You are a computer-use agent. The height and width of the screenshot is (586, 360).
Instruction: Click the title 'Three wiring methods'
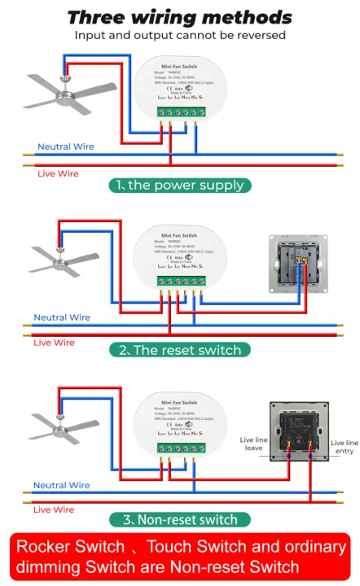(x=179, y=16)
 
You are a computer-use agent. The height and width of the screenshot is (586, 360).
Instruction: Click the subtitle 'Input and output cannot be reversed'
(x=179, y=35)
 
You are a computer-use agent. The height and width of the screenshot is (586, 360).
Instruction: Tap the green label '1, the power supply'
(x=179, y=185)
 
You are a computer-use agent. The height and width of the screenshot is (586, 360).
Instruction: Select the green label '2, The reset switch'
(x=179, y=350)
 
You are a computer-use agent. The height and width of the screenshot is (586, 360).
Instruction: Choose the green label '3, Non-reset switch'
(x=179, y=519)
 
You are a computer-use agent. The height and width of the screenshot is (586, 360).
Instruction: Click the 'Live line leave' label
(x=253, y=444)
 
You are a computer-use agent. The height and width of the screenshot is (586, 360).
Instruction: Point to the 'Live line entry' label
(x=343, y=446)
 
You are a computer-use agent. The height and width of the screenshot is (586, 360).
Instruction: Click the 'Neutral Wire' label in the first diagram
(x=65, y=147)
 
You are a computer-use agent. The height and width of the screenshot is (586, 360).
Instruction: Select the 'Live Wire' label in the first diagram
(x=58, y=173)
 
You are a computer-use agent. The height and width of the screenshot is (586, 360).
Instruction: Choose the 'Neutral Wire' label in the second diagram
(x=61, y=317)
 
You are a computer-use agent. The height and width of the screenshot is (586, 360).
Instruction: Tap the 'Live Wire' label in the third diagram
(x=54, y=509)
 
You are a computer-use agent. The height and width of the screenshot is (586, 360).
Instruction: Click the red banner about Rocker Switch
(x=179, y=557)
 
